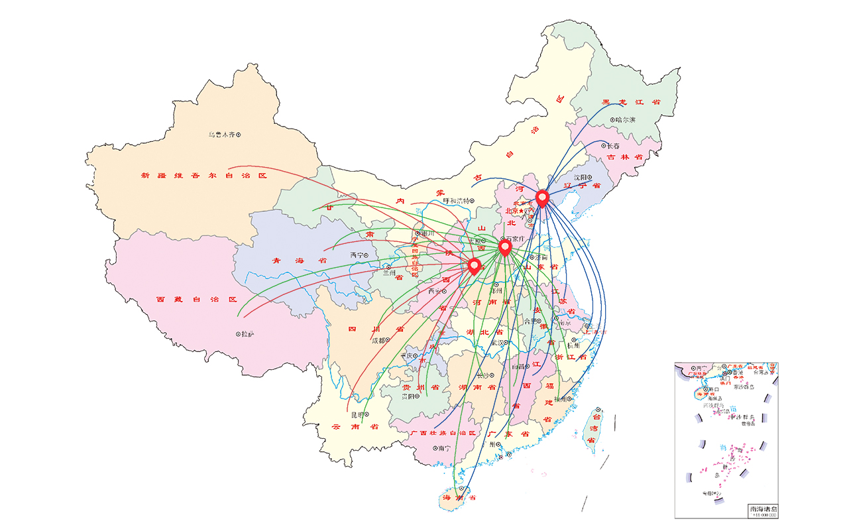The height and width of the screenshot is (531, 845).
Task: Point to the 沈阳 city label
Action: pyautogui.click(x=581, y=178)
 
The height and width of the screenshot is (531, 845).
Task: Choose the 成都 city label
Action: pyautogui.click(x=378, y=341)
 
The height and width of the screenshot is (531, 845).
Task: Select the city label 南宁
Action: pyautogui.click(x=443, y=448)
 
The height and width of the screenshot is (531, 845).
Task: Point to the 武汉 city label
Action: pyautogui.click(x=497, y=343)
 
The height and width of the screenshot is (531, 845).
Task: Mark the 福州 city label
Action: pyautogui.click(x=561, y=399)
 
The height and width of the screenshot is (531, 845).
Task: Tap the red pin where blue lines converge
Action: pyautogui.click(x=542, y=197)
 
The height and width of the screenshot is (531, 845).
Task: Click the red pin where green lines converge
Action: pyautogui.click(x=505, y=247)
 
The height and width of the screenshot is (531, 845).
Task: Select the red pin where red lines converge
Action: pyautogui.click(x=474, y=266)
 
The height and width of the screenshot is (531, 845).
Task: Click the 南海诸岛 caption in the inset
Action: pyautogui.click(x=763, y=509)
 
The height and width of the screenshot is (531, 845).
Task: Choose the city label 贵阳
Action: pyautogui.click(x=409, y=396)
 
